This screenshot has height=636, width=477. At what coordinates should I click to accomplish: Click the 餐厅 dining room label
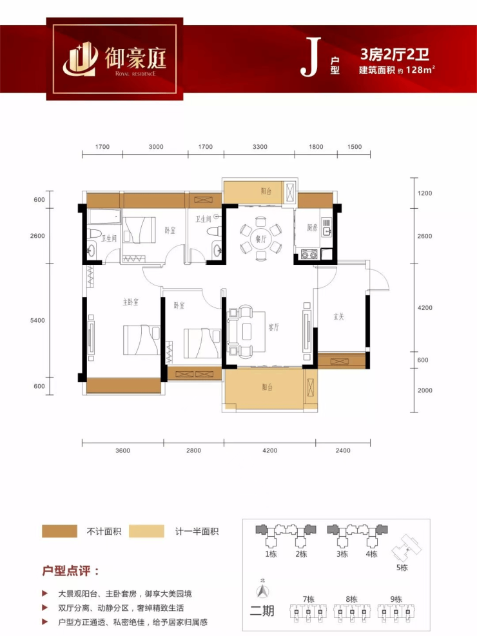coord(260,239)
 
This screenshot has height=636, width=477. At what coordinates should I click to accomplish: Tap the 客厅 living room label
coord(274,327)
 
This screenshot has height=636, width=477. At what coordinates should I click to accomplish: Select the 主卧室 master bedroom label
coord(131,302)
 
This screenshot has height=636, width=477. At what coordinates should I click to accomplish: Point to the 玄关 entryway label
coord(338,316)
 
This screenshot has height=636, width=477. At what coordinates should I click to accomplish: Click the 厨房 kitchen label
coord(312,227)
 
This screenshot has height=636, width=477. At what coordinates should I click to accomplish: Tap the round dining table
coord(260,239)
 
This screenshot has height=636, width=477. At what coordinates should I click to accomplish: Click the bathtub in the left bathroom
coord(104,217)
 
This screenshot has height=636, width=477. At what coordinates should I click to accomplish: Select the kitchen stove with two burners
coord(309,255)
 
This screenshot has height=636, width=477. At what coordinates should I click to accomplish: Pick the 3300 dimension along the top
coord(260,147)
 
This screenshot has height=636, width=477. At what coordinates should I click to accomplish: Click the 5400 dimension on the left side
coord(37,320)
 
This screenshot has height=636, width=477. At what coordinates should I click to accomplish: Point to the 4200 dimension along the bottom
coord(269,450)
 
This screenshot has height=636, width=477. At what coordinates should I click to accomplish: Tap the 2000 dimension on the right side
coord(425,390)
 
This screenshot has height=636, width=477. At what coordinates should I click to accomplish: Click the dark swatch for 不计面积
coord(59,532)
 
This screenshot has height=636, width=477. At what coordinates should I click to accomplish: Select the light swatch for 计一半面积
coord(146,532)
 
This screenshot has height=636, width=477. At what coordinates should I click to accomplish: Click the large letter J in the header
coord(310,57)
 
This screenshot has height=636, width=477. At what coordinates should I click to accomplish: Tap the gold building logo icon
coord(81,60)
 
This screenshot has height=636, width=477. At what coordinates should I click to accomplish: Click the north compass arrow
coord(263,590)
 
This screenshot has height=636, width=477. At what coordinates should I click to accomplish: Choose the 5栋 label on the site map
coord(402,568)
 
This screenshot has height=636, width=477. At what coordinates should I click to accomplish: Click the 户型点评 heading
coord(70,571)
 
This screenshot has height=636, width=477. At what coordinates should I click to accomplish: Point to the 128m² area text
coord(420,70)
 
